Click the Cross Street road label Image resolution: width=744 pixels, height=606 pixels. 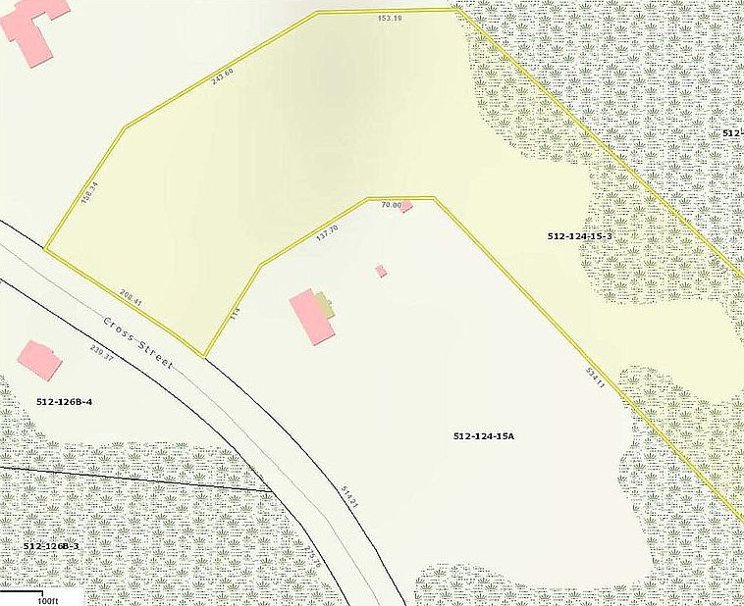coord(138,343)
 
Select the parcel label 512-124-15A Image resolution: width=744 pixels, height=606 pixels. coord(485,434)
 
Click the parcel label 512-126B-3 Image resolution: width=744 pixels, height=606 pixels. coord(50,545)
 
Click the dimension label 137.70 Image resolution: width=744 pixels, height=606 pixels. coord(327,233)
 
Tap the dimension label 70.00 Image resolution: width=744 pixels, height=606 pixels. coord(392,204)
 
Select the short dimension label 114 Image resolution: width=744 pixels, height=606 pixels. coord(235,315)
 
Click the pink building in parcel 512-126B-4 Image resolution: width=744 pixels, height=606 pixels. coord(39,360)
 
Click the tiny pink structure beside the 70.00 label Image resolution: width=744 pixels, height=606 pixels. coord(405,207)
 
